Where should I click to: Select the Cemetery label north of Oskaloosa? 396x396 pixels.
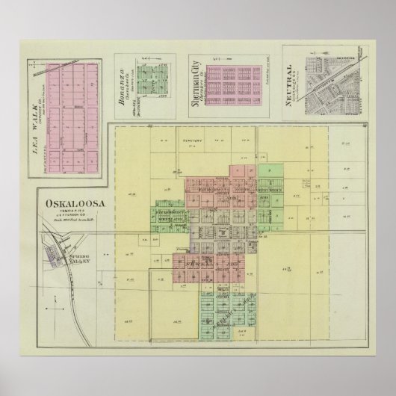tap(191, 140)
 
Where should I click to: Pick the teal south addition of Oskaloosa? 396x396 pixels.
tap(224, 306)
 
